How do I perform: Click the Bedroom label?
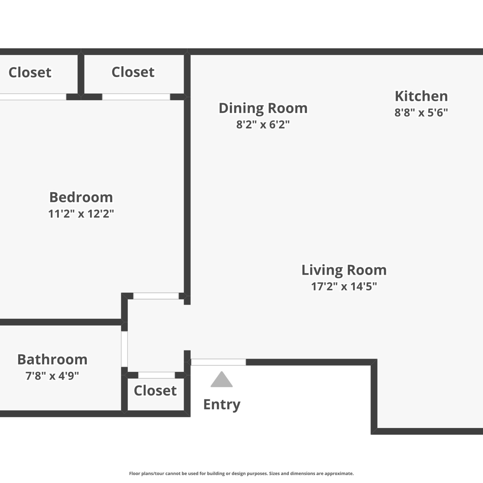pyautogui.click(x=81, y=197)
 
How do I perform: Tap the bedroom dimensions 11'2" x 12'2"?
pyautogui.click(x=81, y=213)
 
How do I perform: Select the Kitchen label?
pyautogui.click(x=421, y=96)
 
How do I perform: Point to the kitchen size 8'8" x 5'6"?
pyautogui.click(x=421, y=112)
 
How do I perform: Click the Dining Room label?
pyautogui.click(x=263, y=108)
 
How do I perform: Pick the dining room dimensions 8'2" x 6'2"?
pyautogui.click(x=263, y=124)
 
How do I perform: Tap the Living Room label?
pyautogui.click(x=344, y=270)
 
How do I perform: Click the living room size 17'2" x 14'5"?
pyautogui.click(x=344, y=286)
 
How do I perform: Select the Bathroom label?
pyautogui.click(x=52, y=359)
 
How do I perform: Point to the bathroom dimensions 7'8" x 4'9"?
pyautogui.click(x=52, y=375)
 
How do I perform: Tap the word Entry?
pyautogui.click(x=222, y=405)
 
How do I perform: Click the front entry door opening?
pyautogui.click(x=218, y=362)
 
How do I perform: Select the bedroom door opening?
pyautogui.click(x=156, y=296)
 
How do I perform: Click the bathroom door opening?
pyautogui.click(x=124, y=349)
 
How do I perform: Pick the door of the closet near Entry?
pyautogui.click(x=156, y=375)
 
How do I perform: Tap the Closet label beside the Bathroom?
pyautogui.click(x=155, y=391)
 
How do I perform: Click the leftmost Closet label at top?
pyautogui.click(x=30, y=72)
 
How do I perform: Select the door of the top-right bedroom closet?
pyautogui.click(x=136, y=97)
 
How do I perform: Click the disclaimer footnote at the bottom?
pyautogui.click(x=241, y=473)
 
